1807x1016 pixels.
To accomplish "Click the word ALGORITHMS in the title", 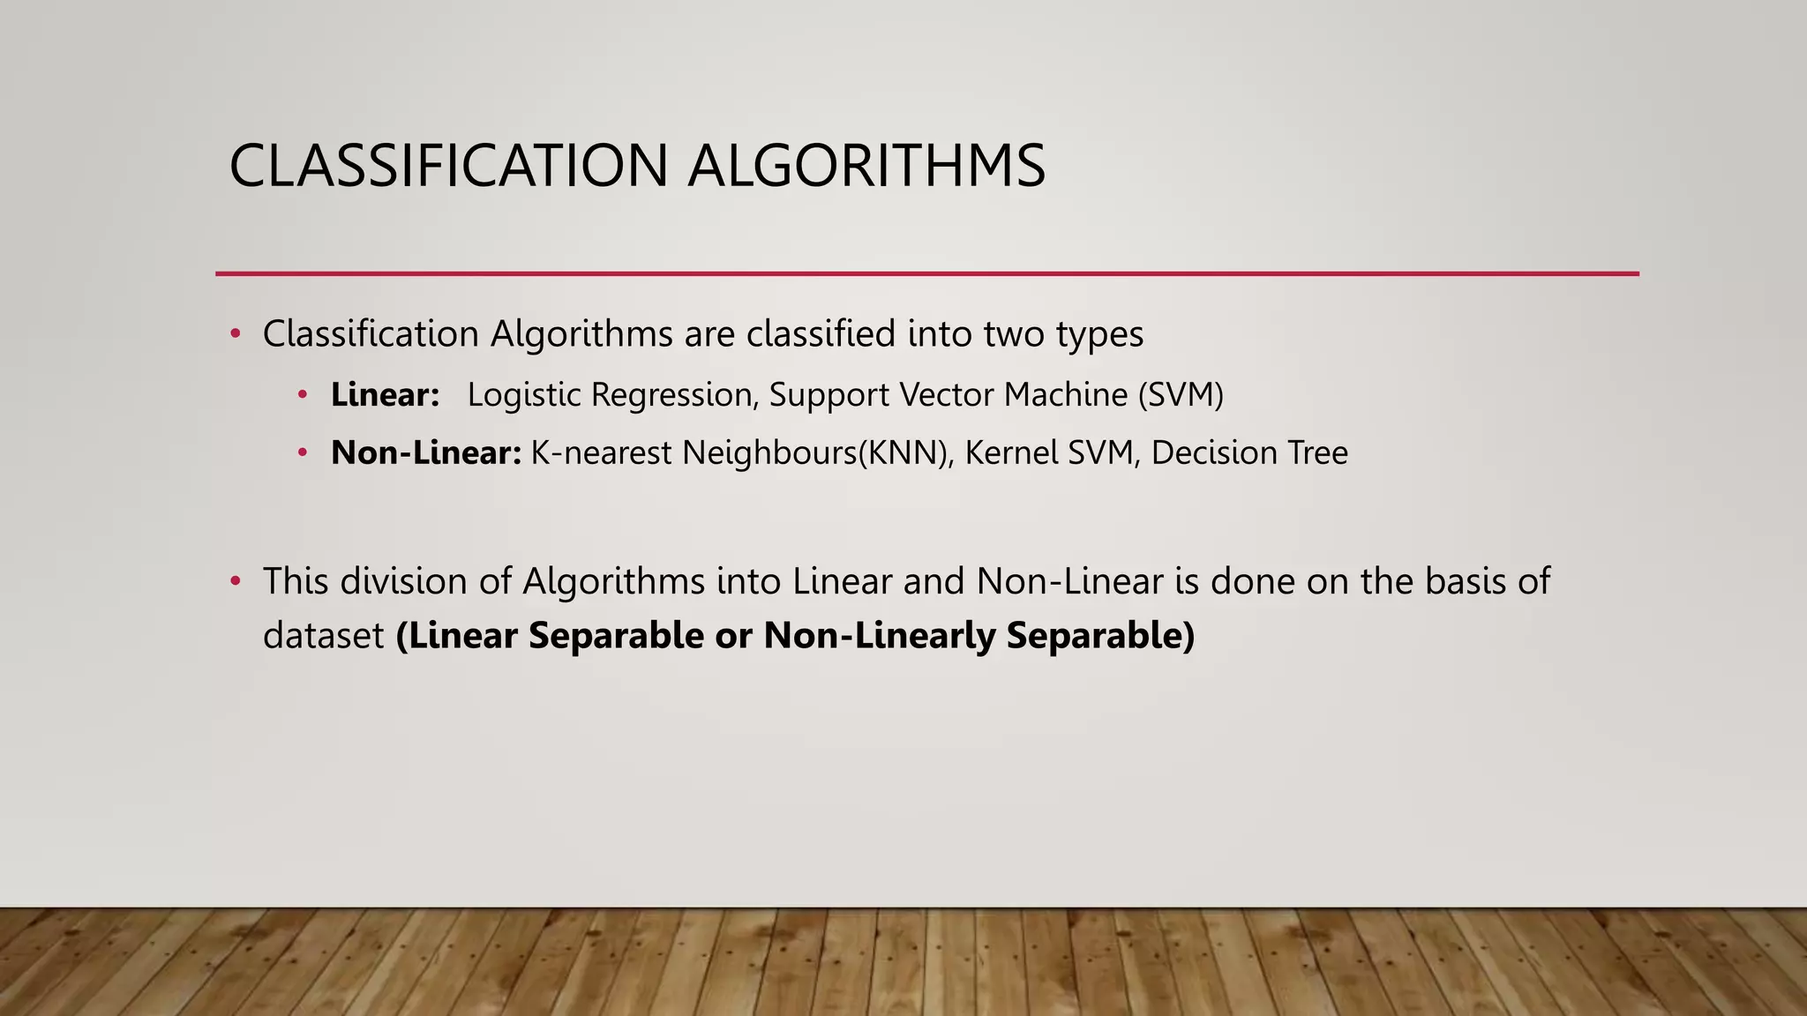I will [x=866, y=166].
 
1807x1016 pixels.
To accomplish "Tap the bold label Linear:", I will [x=385, y=395].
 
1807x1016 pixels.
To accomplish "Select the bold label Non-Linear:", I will [x=426, y=453].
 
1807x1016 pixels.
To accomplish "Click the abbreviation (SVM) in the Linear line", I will [x=1181, y=395].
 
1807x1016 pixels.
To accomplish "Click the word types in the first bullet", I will [x=1099, y=335].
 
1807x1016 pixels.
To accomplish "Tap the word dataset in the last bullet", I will [x=324, y=636].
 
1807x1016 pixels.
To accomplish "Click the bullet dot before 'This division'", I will [x=235, y=582].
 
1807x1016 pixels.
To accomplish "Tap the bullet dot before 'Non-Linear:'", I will [x=303, y=453].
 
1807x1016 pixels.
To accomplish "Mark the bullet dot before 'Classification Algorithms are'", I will [x=235, y=334].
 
